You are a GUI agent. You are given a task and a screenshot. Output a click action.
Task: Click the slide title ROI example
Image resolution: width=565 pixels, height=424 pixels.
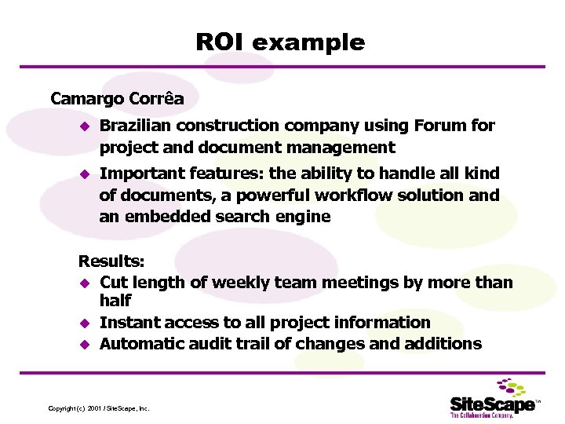[280, 42]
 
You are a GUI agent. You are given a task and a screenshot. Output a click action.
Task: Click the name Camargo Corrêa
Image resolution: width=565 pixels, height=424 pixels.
[117, 99]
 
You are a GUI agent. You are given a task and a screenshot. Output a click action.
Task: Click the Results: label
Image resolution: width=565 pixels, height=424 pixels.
[107, 261]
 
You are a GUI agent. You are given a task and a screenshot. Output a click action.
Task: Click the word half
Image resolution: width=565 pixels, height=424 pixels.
[115, 301]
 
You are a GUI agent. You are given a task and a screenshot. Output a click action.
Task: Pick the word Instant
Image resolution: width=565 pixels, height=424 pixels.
[131, 322]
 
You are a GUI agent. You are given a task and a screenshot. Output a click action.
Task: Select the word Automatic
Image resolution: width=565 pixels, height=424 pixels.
[142, 343]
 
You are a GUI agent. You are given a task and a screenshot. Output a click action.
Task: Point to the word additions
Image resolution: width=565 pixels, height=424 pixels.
[447, 343]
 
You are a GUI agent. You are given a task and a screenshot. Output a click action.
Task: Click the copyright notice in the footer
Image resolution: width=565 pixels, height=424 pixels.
[98, 408]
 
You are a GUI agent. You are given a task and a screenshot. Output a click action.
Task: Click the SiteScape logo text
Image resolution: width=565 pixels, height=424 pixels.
[492, 404]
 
